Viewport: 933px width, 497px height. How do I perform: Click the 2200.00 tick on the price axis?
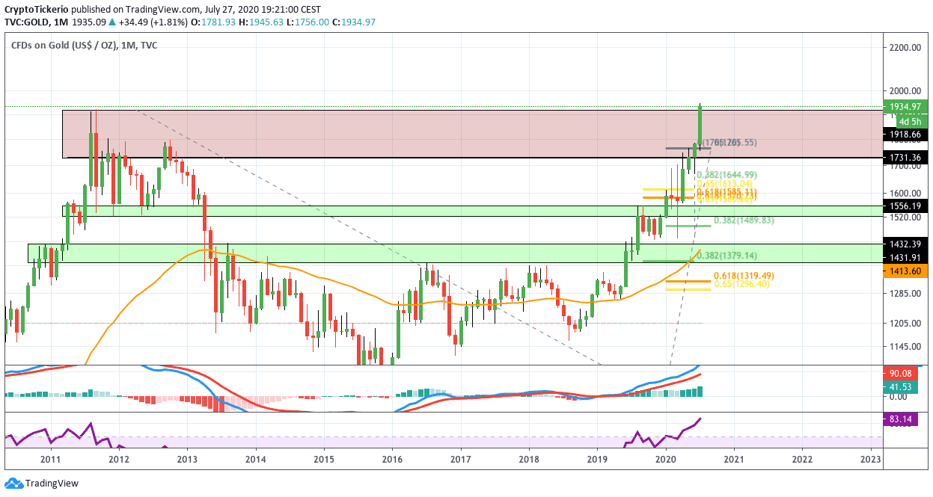904,48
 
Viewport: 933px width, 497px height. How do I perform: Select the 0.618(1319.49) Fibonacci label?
743,276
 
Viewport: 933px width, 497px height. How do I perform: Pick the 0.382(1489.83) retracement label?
743,220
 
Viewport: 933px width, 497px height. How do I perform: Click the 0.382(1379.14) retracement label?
743,255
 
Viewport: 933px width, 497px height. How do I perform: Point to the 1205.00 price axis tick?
904,323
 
